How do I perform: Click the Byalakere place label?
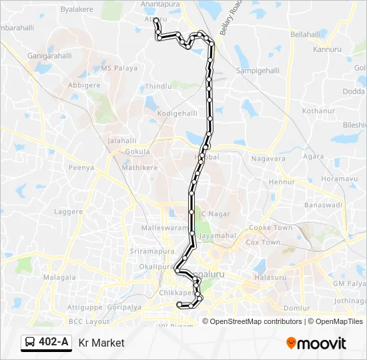77,10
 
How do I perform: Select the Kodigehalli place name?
177,114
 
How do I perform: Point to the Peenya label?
81,168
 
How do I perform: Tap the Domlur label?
296,308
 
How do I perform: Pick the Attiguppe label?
83,307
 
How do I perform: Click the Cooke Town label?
270,228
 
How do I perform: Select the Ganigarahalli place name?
49,56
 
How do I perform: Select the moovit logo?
316,343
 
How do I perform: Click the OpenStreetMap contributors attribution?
253,321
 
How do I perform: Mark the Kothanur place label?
317,111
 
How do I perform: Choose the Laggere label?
69,211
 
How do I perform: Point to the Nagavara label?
268,159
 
